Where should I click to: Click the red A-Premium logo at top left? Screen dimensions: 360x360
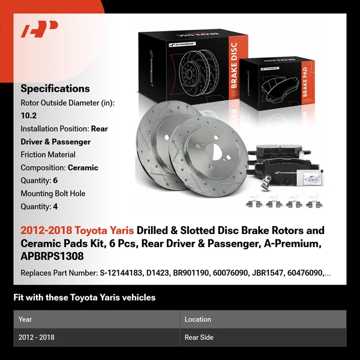pyautogui.click(x=40, y=29)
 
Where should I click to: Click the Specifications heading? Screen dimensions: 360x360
pyautogui.click(x=55, y=88)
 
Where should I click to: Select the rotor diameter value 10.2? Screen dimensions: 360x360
pyautogui.click(x=28, y=116)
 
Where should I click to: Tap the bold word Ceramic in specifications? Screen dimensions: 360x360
pyautogui.click(x=83, y=168)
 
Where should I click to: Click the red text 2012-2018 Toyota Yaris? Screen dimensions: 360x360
pyautogui.click(x=77, y=230)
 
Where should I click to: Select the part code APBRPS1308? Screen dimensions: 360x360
pyautogui.click(x=53, y=257)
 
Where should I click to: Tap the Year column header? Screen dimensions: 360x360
pyautogui.click(x=25, y=319)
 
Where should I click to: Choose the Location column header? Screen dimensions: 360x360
pyautogui.click(x=198, y=319)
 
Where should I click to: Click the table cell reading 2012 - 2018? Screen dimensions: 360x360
pyautogui.click(x=37, y=337)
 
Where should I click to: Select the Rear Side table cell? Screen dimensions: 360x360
pyautogui.click(x=199, y=337)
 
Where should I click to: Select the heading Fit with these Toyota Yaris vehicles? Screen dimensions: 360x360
pyautogui.click(x=84, y=297)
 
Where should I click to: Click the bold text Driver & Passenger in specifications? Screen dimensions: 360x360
pyautogui.click(x=56, y=142)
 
